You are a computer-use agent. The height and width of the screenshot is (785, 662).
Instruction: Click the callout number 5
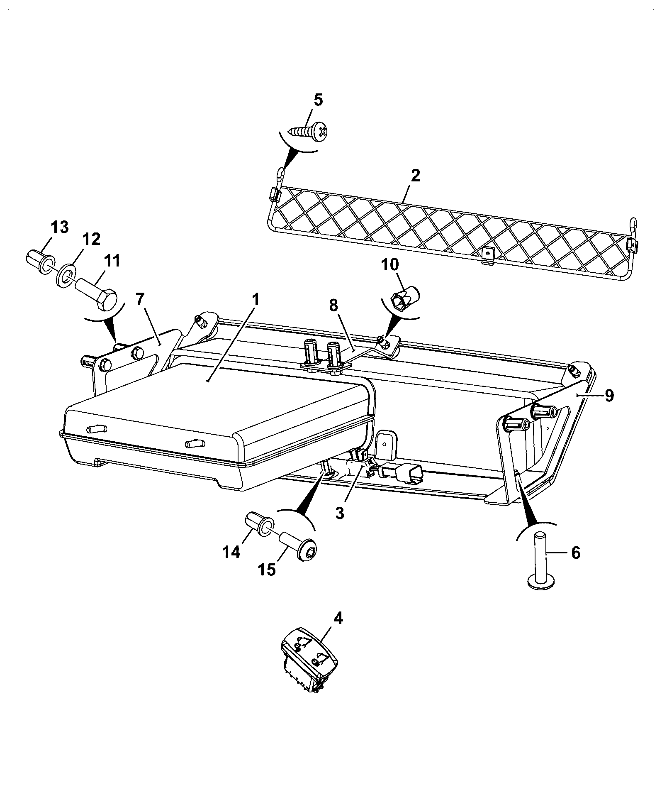318,100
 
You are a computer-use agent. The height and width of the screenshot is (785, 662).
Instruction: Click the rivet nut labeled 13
40,262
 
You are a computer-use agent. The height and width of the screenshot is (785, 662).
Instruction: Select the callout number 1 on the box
256,299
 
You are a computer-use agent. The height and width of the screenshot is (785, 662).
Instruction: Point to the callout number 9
608,396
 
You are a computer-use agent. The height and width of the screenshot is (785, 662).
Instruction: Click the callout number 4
338,631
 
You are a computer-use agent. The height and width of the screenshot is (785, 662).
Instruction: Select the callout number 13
60,227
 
